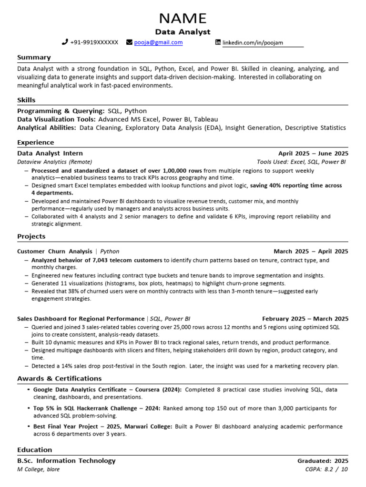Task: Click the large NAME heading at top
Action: (x=183, y=18)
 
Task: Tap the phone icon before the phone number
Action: (x=65, y=42)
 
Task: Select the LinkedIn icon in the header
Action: (x=218, y=43)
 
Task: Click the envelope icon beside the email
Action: (x=129, y=42)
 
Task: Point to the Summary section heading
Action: (x=34, y=58)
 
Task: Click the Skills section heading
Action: (x=26, y=100)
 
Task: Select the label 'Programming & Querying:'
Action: (x=61, y=111)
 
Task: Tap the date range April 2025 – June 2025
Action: (x=313, y=154)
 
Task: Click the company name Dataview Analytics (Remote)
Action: (x=54, y=162)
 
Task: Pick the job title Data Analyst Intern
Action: (x=50, y=154)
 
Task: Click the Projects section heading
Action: (x=31, y=236)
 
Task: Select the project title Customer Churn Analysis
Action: (x=55, y=252)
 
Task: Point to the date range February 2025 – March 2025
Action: (x=305, y=319)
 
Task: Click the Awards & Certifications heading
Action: (x=59, y=379)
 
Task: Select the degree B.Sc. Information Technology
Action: (x=66, y=461)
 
